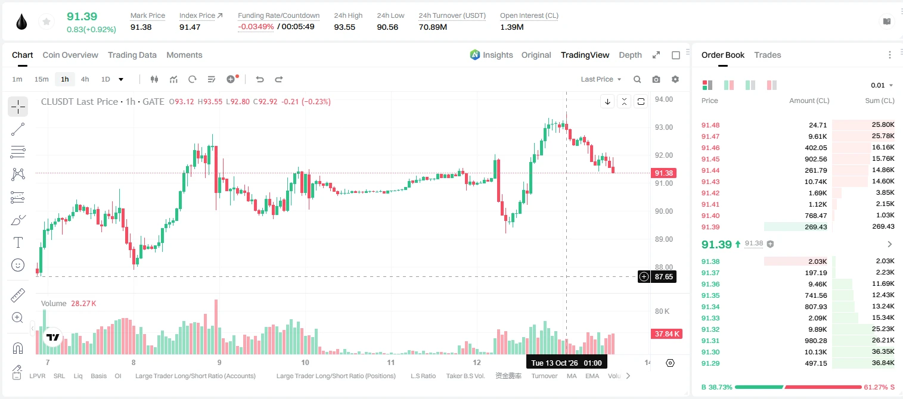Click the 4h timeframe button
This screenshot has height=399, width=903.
pos(85,79)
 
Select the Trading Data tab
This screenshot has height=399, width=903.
pos(132,55)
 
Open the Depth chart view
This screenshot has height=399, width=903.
pos(630,55)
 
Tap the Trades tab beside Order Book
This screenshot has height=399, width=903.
pos(767,55)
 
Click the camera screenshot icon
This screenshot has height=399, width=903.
pos(656,79)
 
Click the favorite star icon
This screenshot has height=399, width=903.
pos(46,21)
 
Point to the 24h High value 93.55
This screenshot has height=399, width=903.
pos(345,27)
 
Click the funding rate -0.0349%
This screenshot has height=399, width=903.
pos(256,27)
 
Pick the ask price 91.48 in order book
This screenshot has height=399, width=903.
pos(710,125)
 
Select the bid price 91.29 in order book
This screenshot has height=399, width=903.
pos(710,363)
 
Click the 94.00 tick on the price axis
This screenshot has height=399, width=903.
pos(663,99)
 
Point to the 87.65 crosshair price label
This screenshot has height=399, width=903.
pos(663,276)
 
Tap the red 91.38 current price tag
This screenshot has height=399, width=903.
pos(663,173)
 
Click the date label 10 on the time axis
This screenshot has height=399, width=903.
pos(305,362)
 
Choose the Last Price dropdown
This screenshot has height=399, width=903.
pos(601,79)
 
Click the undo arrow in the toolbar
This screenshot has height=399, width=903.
pos(260,79)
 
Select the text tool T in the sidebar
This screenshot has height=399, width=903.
pos(18,242)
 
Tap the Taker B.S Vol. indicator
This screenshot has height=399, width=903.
pos(465,376)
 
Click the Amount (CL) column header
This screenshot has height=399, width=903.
pos(809,101)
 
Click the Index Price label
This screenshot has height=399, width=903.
pos(197,15)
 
